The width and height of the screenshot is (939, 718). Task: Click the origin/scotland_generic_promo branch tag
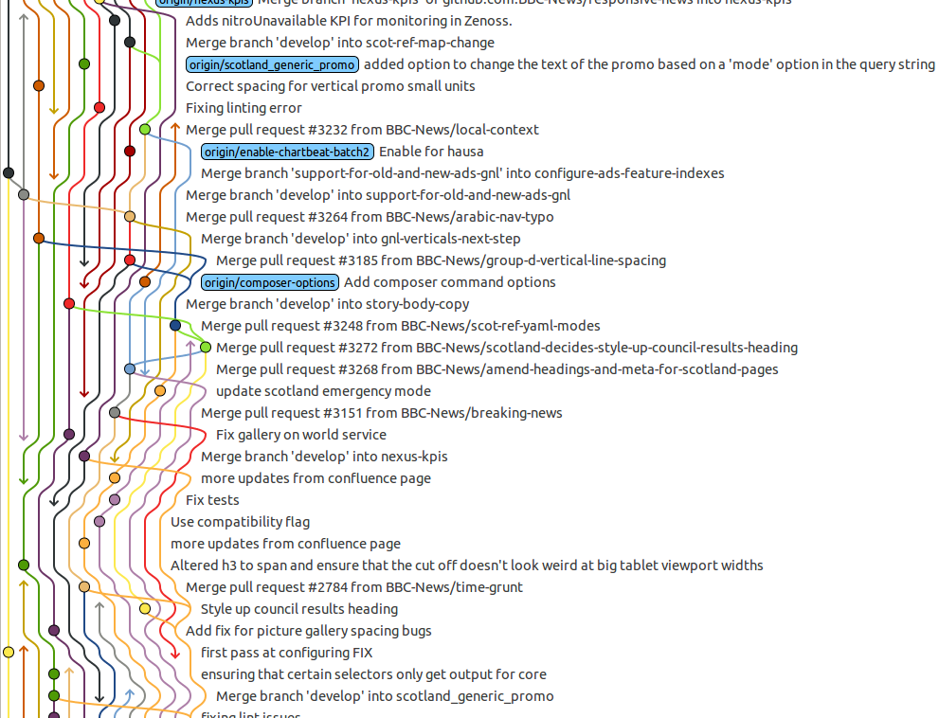[x=273, y=64]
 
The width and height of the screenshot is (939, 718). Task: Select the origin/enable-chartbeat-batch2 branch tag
[x=287, y=152]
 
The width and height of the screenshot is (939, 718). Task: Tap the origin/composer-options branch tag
[x=270, y=282]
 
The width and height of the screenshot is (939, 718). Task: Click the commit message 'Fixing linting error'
[x=244, y=108]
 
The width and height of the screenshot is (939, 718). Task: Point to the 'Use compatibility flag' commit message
[x=240, y=522]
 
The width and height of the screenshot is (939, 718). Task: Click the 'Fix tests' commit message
[x=212, y=500]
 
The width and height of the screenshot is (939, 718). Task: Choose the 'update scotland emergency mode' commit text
[x=323, y=391]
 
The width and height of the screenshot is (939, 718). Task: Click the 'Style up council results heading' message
[x=298, y=609]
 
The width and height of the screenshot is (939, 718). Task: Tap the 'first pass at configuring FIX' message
[x=286, y=653]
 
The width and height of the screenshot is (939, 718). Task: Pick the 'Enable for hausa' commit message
[x=431, y=152]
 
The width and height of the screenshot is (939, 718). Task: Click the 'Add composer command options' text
[x=449, y=282]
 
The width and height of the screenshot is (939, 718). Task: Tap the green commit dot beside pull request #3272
[x=206, y=348]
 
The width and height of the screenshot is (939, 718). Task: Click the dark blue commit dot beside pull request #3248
[x=175, y=326]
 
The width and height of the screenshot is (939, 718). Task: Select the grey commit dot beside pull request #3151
[x=115, y=413]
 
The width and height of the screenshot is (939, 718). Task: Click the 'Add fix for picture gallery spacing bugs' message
[x=308, y=631]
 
